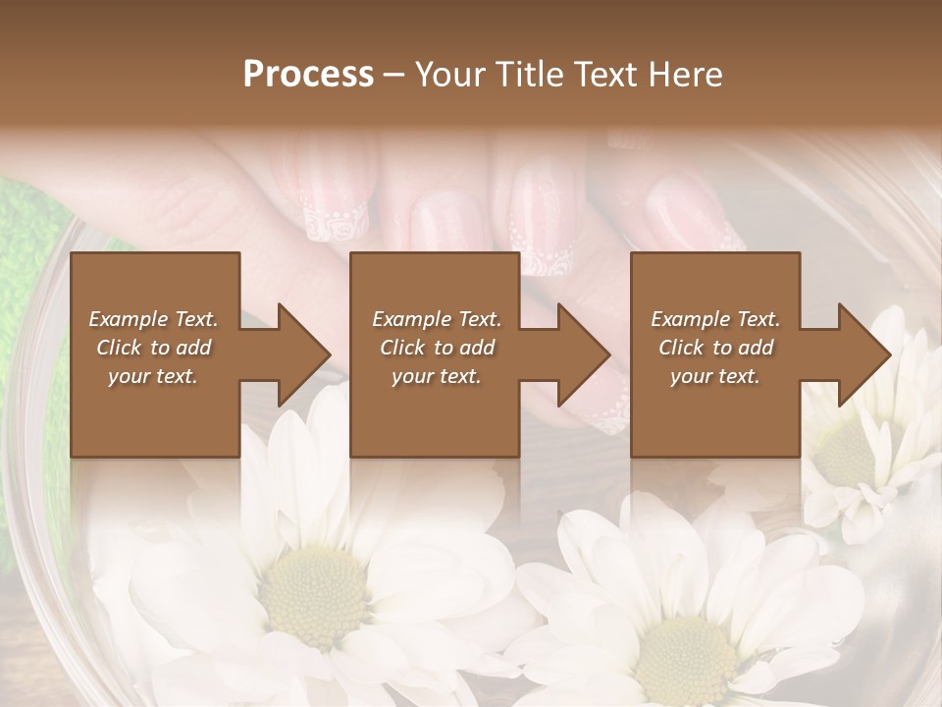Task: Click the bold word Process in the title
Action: click(308, 75)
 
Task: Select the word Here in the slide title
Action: click(684, 75)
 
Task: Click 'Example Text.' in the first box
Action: click(153, 319)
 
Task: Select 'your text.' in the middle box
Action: click(437, 376)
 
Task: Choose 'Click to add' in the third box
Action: click(716, 348)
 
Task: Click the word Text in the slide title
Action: click(601, 75)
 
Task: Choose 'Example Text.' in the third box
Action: click(715, 319)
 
